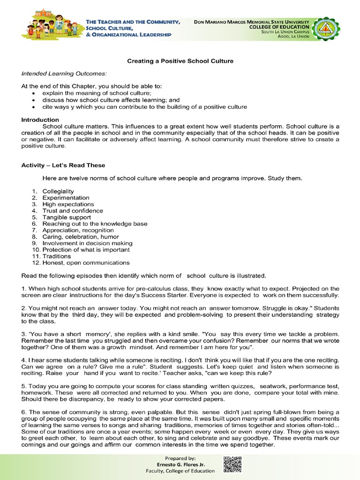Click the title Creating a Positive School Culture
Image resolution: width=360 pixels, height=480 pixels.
pyautogui.click(x=180, y=61)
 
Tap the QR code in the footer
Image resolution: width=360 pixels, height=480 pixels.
pyautogui.click(x=232, y=464)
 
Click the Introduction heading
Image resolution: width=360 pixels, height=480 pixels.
pyautogui.click(x=40, y=120)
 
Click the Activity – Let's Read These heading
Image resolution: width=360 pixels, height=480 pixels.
pyautogui.click(x=63, y=165)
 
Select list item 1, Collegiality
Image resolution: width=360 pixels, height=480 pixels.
pyautogui.click(x=58, y=191)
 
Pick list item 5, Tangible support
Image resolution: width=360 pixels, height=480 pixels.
pyautogui.click(x=67, y=217)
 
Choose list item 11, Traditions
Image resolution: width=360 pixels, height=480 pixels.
pyautogui.click(x=57, y=256)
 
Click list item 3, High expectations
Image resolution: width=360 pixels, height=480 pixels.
pyautogui.click(x=68, y=204)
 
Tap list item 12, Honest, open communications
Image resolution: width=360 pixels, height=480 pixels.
pyautogui.click(x=86, y=263)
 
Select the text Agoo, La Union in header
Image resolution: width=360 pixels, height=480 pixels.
pyautogui.click(x=293, y=37)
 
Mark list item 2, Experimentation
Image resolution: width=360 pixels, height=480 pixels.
pyautogui.click(x=66, y=198)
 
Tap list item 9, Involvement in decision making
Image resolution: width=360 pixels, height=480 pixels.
pyautogui.click(x=87, y=243)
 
